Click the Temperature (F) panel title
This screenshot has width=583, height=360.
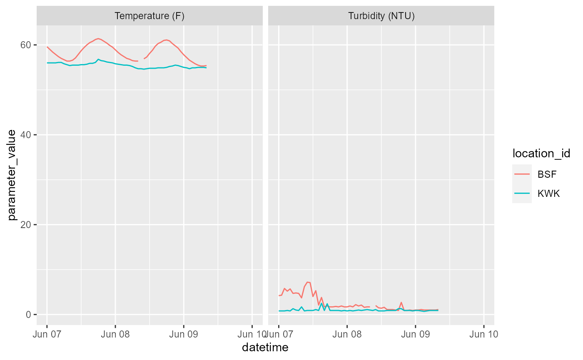point(149,16)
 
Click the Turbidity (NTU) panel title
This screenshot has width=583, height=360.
point(381,16)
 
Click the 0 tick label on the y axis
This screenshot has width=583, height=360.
point(29,315)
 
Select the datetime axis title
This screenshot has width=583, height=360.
point(265,347)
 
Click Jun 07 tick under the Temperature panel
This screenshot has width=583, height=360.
point(47,334)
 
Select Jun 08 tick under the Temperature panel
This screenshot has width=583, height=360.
point(115,334)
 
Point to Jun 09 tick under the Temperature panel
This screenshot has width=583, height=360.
point(184,334)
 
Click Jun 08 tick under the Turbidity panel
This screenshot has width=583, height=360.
point(347,334)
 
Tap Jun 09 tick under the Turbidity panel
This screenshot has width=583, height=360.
point(415,334)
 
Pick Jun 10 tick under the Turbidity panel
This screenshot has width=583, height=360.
point(483,334)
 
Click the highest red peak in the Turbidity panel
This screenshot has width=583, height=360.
point(308,282)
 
